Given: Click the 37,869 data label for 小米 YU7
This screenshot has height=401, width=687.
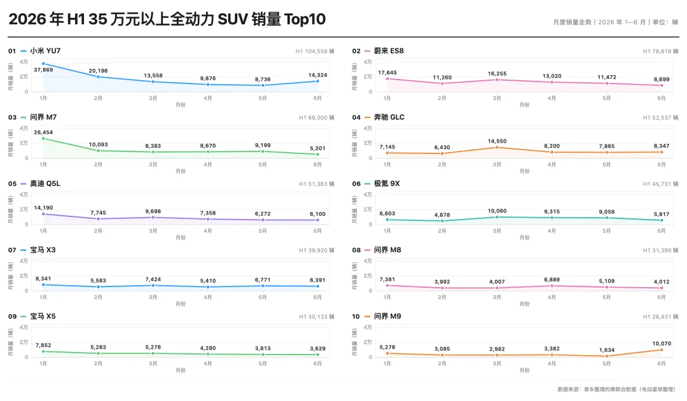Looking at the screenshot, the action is pos(43,69).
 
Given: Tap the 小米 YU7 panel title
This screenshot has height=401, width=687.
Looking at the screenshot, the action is pos(45,51).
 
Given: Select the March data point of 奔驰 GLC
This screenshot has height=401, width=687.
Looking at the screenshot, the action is pos(497,148).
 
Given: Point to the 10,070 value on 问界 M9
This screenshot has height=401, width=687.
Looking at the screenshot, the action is pos(662,344).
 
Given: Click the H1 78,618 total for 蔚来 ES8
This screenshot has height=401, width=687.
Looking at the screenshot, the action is pos(660,52).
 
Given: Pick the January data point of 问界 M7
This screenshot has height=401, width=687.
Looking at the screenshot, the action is pos(43,139).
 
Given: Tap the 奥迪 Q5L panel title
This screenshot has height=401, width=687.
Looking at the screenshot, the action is pos(45,183).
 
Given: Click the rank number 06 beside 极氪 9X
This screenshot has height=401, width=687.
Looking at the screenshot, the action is pos(356,183).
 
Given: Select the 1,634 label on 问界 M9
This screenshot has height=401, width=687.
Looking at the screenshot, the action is pos(607,349).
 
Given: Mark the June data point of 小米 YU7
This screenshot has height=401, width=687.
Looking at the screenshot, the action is pos(317,81).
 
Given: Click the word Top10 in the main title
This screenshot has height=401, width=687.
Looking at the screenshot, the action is pos(305,19).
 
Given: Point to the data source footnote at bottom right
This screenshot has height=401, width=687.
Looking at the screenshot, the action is pos(616,389).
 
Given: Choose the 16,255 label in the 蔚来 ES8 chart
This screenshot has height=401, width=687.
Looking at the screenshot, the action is pos(497,74).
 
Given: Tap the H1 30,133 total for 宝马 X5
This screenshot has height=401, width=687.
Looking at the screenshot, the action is pos(317,317).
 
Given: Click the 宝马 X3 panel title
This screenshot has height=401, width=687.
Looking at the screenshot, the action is pos(43,250).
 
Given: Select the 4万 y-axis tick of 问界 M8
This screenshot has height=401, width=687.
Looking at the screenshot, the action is pos(368,261).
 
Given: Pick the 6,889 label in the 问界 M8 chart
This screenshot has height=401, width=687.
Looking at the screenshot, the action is pos(552,279).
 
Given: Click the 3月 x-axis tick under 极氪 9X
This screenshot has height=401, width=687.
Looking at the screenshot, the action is pos(497,231).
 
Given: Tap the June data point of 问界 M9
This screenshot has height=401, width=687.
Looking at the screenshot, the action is pos(662,349).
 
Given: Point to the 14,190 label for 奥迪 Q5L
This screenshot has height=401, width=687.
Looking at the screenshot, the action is pos(43,208).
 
